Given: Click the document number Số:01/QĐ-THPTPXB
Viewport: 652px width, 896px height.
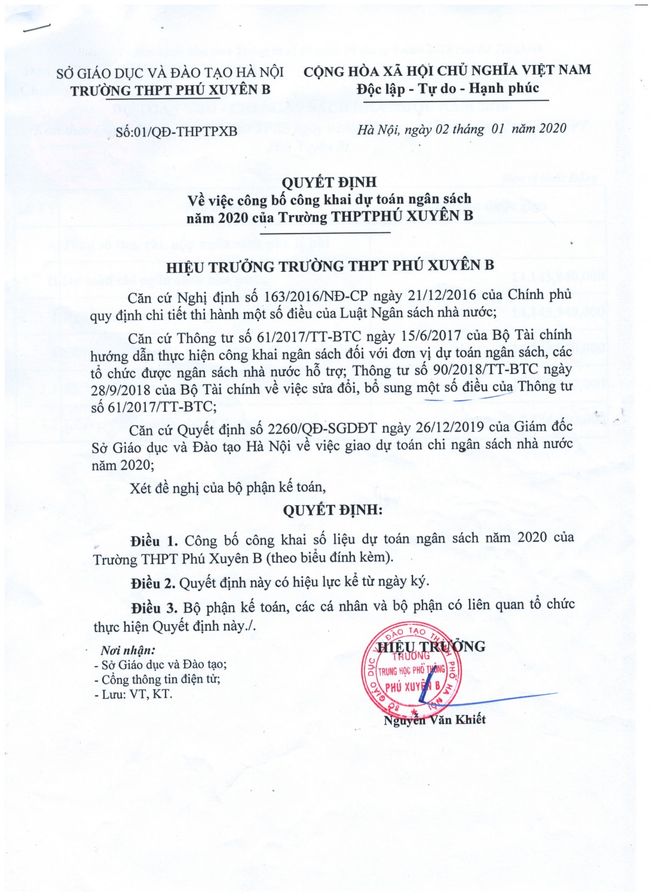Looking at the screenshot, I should (x=176, y=131).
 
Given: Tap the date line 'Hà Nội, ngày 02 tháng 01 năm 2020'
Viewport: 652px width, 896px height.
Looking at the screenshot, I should (x=462, y=129).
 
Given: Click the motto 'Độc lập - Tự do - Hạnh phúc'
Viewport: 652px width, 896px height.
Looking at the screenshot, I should (x=448, y=89).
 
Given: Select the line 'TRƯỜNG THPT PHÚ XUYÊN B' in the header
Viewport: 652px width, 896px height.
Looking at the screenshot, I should (x=170, y=90).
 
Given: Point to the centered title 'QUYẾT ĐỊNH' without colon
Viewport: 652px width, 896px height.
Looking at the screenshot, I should (x=329, y=182).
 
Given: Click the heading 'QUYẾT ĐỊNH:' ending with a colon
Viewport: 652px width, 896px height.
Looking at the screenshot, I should (x=332, y=510).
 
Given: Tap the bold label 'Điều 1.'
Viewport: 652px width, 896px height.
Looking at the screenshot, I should (x=154, y=541).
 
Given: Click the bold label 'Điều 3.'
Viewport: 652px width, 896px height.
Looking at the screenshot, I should (x=154, y=608).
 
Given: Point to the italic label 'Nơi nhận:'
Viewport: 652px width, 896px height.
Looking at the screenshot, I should (x=127, y=650).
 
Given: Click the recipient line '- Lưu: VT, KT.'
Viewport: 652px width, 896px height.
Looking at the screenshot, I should (x=133, y=694).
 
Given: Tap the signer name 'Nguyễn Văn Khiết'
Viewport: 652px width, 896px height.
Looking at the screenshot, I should (x=434, y=719).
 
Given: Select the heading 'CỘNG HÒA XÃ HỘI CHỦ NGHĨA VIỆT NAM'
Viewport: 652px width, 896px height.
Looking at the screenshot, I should (x=447, y=71).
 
